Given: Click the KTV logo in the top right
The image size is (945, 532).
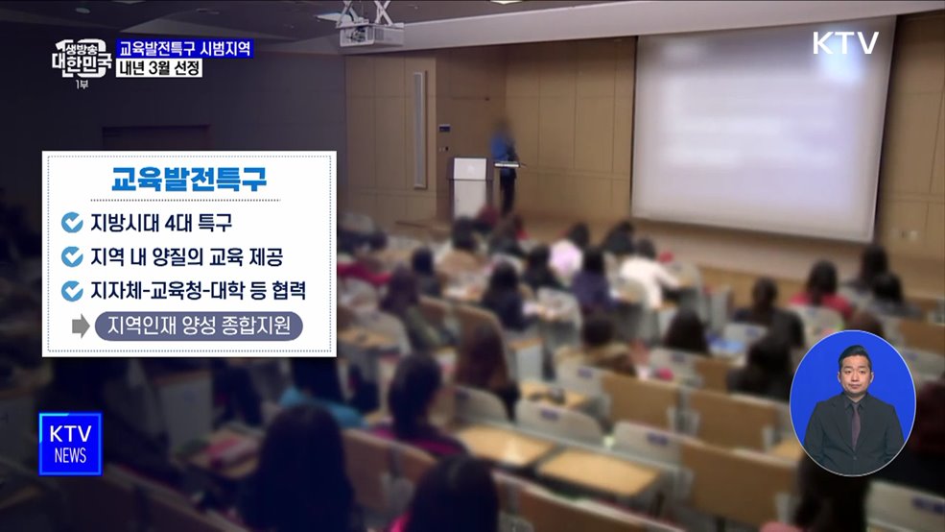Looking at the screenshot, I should click(x=845, y=43).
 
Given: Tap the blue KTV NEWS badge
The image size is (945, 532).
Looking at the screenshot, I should click(x=70, y=444).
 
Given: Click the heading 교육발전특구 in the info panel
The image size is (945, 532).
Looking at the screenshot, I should click(x=189, y=180).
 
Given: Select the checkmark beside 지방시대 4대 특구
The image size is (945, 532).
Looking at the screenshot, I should click(x=72, y=223).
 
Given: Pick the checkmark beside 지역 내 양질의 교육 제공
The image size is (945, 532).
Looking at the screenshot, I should click(x=72, y=256).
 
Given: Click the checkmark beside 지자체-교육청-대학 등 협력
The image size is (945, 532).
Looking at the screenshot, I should click(x=72, y=290).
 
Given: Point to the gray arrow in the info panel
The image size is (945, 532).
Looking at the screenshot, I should click(x=81, y=326).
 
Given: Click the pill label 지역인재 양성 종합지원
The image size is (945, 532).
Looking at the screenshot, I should click(x=199, y=326).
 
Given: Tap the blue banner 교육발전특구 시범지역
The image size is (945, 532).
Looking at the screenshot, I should click(x=185, y=48).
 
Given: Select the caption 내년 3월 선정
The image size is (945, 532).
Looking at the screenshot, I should click(x=159, y=68).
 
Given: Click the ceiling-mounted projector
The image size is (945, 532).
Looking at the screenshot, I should click(x=366, y=34).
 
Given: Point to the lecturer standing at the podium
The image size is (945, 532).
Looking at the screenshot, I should click(x=504, y=163).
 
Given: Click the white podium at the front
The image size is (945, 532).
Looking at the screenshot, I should click(x=469, y=187).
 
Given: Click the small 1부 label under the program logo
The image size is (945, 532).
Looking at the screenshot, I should click(x=82, y=85).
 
